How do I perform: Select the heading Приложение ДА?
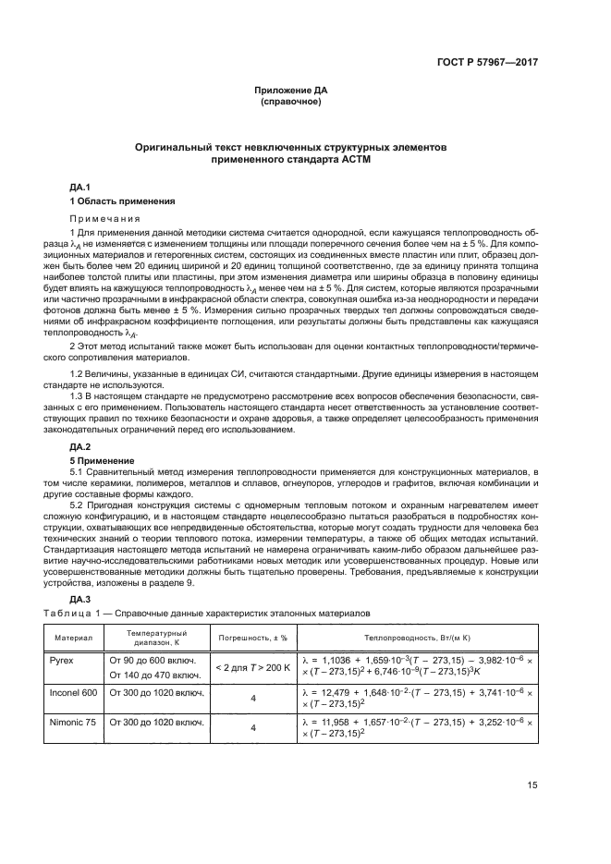click(291, 90)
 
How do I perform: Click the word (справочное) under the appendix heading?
click(291, 102)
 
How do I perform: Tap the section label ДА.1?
click(81, 188)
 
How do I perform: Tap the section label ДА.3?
click(81, 599)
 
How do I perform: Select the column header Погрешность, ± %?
click(252, 637)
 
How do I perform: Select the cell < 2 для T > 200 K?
click(252, 667)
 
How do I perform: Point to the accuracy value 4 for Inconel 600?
click(252, 699)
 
